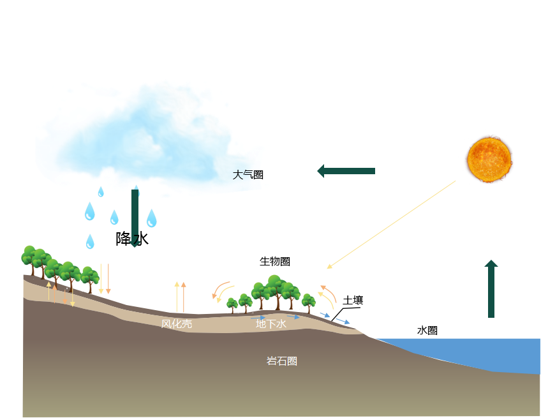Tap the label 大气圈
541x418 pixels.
point(247,175)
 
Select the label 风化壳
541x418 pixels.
point(176,324)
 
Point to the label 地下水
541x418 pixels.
point(271,324)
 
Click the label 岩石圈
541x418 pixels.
point(281,361)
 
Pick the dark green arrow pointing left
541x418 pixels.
point(346,171)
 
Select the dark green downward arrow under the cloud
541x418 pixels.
point(135,217)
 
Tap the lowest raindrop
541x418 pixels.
point(90,242)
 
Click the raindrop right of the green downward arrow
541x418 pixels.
point(151,219)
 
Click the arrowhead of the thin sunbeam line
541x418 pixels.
point(330,266)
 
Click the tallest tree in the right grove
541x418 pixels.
point(275,290)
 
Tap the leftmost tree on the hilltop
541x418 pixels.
point(29,258)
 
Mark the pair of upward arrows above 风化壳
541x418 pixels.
point(180,296)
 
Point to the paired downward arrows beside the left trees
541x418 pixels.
point(104,279)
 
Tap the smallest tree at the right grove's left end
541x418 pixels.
point(232,304)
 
